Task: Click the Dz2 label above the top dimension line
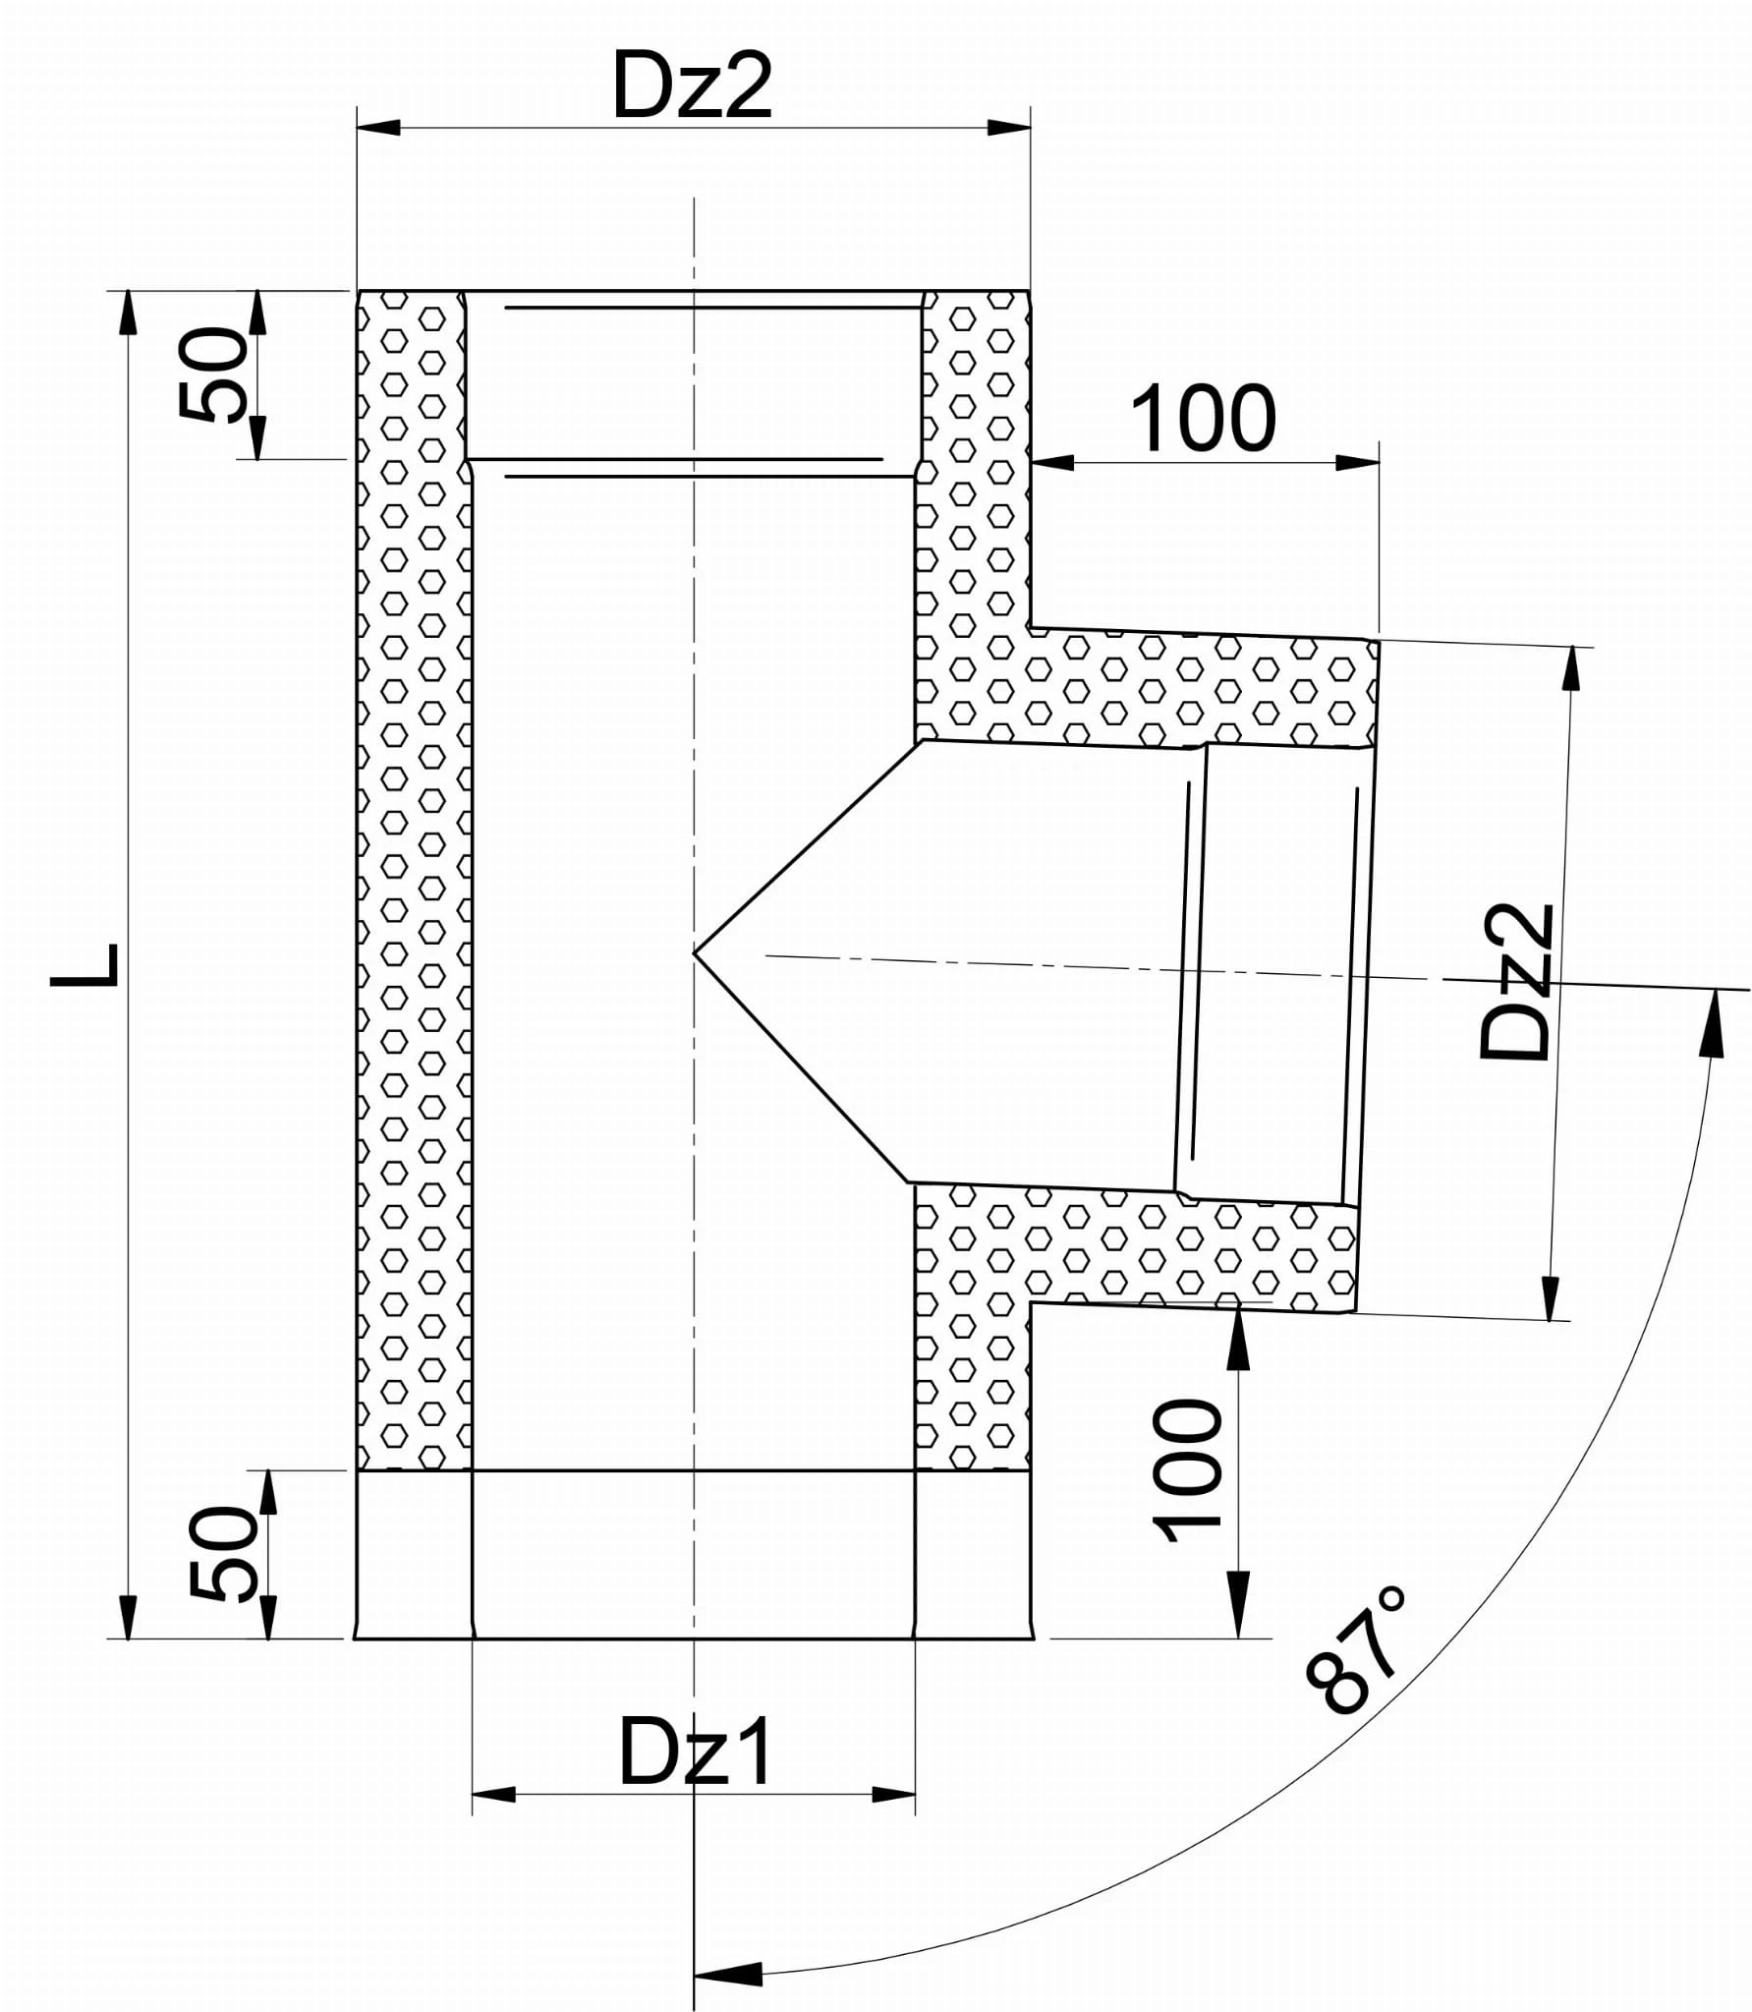[693, 86]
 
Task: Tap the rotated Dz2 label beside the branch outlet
[1516, 981]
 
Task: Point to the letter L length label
[86, 964]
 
